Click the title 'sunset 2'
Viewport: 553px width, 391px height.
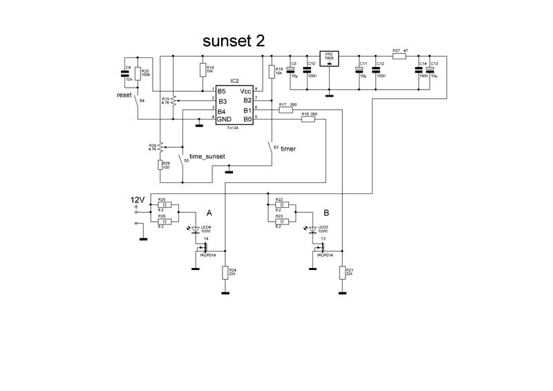click(x=233, y=41)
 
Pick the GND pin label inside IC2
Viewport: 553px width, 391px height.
click(x=225, y=120)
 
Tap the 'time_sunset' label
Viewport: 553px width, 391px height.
click(x=207, y=158)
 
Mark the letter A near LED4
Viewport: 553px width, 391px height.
click(x=209, y=213)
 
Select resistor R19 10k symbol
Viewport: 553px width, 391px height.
click(x=203, y=70)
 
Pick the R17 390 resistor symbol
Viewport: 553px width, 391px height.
click(x=285, y=110)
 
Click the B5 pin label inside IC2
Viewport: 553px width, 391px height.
click(x=222, y=90)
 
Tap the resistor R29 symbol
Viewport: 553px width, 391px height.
click(x=160, y=164)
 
